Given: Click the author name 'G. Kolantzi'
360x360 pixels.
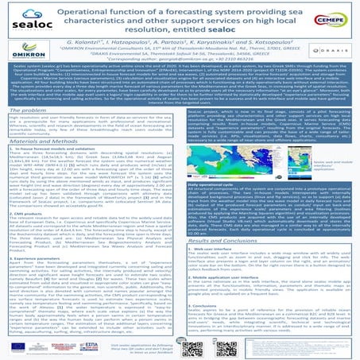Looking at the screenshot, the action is click(x=92, y=37).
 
